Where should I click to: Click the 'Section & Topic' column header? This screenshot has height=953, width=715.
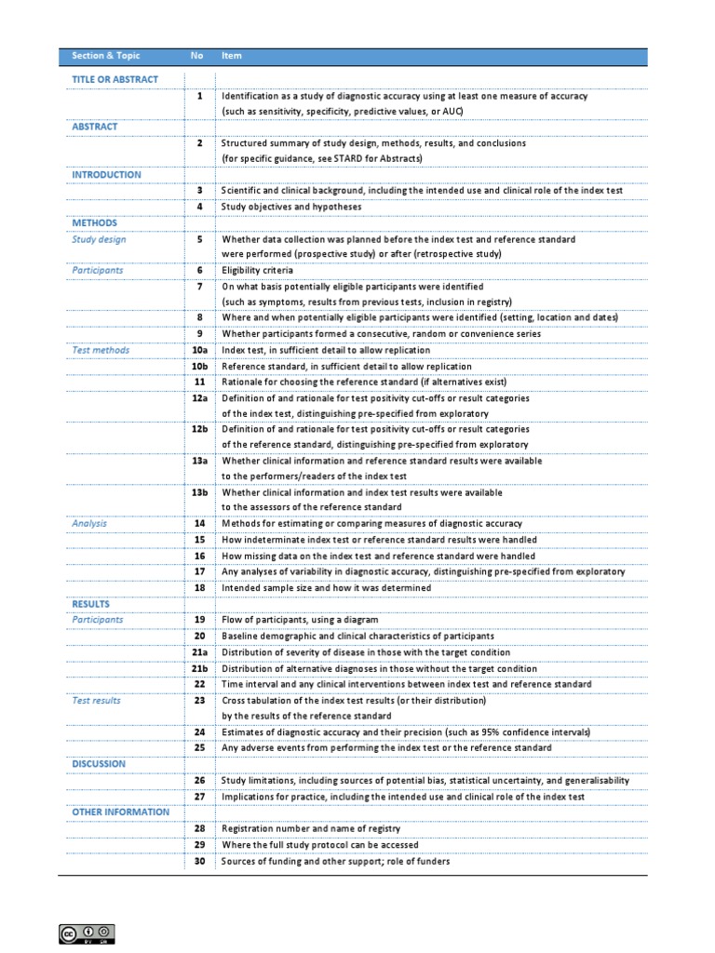coord(106,56)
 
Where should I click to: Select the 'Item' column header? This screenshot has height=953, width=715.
coord(232,56)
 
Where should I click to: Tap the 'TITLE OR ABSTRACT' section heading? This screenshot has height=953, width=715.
coord(115,80)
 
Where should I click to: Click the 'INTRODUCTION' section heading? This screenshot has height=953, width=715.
coord(107,175)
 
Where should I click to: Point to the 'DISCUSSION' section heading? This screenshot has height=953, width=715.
coord(99,764)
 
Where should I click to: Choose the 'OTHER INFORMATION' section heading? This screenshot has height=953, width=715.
coord(121,812)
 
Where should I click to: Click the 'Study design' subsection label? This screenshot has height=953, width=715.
coord(99,239)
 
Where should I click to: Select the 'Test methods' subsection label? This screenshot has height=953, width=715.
coord(101,351)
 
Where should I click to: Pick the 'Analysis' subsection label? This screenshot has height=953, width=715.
coord(89,524)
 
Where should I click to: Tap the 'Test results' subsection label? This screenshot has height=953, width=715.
coord(97,701)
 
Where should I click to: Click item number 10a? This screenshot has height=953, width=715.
coord(199,351)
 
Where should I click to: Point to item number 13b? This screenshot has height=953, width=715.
coord(199,492)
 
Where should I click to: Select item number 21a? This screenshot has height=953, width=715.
coord(199,652)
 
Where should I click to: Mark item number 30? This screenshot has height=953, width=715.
coord(199,862)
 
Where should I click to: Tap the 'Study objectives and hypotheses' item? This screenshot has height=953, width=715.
coord(291,207)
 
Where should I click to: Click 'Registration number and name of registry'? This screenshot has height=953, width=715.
coord(311,829)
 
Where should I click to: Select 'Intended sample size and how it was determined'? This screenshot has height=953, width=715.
coord(326,588)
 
